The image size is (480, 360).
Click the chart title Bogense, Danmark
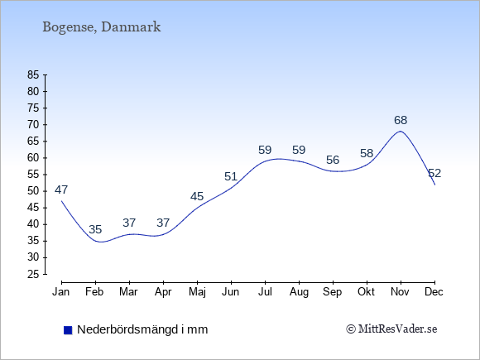tap(101, 27)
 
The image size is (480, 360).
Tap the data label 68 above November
tap(401, 120)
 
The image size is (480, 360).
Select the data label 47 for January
tap(61, 190)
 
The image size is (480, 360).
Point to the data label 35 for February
tap(95, 229)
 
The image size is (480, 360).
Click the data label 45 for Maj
tap(197, 196)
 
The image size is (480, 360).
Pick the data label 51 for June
tap(231, 176)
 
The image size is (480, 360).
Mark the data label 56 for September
tap(333, 160)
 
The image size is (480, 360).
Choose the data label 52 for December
tap(434, 173)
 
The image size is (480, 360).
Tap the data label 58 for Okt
tap(367, 153)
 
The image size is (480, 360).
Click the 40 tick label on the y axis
tap(33, 224)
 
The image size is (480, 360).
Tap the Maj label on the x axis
tap(197, 292)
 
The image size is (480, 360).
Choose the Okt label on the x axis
tap(366, 292)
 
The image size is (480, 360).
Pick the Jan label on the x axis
tap(61, 292)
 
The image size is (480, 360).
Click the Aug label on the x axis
tap(299, 292)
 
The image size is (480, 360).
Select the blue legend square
tap(68, 330)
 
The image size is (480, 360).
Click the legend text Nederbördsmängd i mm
tap(142, 329)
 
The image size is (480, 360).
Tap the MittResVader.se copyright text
tap(391, 329)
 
